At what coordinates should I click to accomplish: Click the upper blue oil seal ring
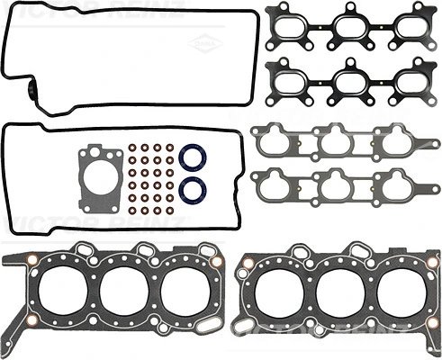click(193, 158)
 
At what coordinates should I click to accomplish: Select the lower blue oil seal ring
click(193, 190)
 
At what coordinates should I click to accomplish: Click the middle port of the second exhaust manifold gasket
click(351, 80)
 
